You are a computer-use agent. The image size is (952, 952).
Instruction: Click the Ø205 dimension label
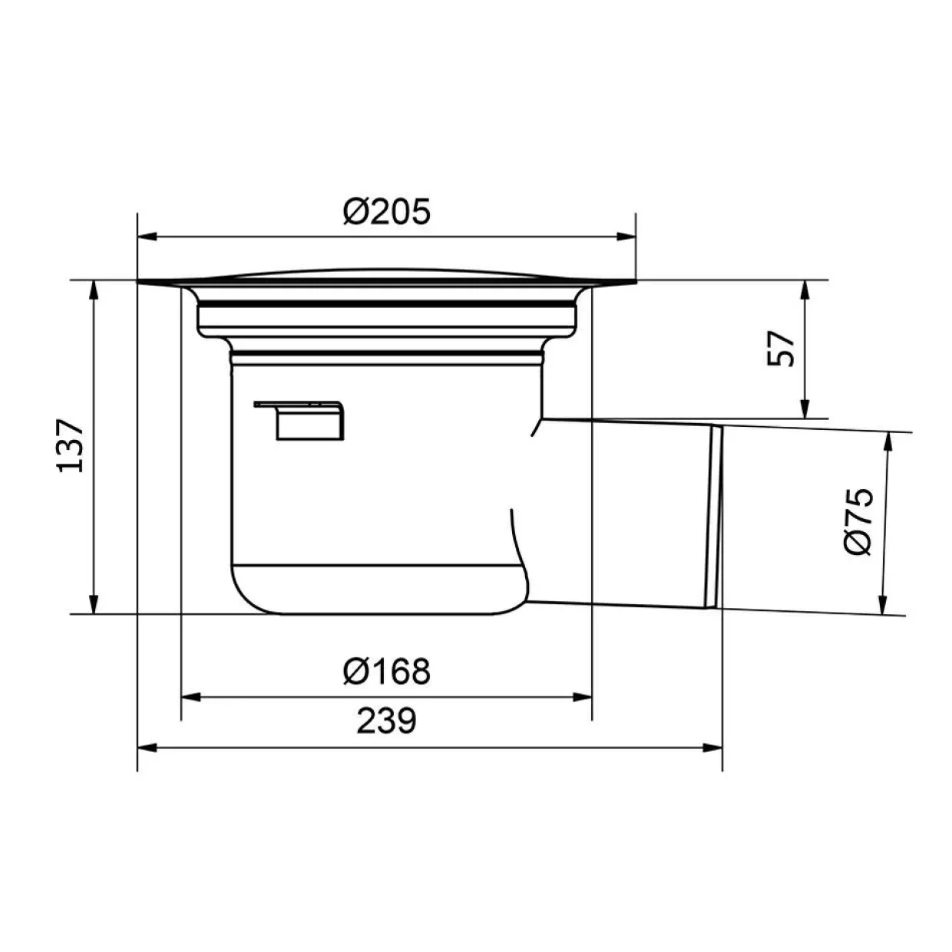[x=387, y=211]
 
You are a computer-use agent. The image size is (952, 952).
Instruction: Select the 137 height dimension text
[x=71, y=445]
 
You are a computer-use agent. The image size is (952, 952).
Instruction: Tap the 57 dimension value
[x=781, y=349]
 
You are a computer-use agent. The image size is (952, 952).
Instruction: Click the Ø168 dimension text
[x=387, y=672]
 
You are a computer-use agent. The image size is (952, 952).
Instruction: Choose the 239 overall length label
[x=387, y=721]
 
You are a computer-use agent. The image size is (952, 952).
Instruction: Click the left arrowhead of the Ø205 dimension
[x=147, y=236]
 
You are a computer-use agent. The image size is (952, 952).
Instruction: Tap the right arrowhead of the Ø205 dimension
[x=626, y=236]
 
